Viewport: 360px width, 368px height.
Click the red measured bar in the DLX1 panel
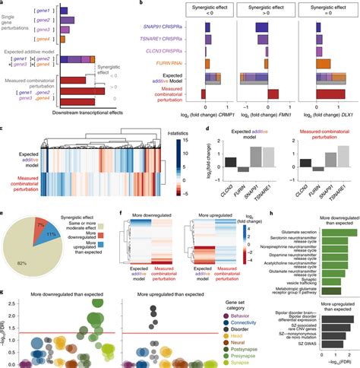[x=310, y=94]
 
